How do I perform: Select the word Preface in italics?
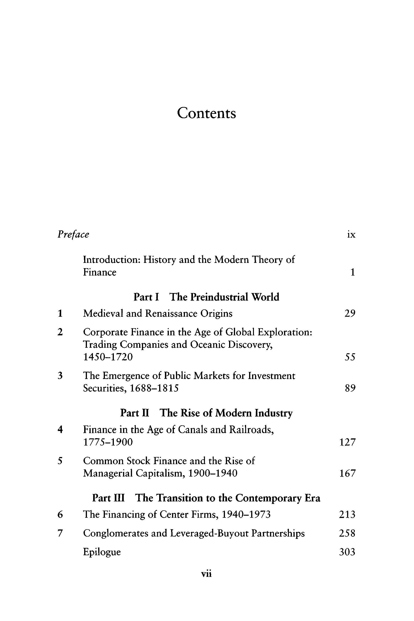click(73, 234)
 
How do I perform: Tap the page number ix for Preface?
click(351, 234)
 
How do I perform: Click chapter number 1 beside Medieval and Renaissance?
click(60, 313)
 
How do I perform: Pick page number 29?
click(350, 313)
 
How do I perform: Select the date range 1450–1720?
click(108, 357)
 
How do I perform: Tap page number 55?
click(350, 357)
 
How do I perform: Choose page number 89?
click(350, 388)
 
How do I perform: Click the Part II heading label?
click(135, 413)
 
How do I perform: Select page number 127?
click(348, 442)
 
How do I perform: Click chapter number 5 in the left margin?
click(60, 461)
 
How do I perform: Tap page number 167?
click(348, 473)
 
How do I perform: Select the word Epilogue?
click(102, 552)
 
